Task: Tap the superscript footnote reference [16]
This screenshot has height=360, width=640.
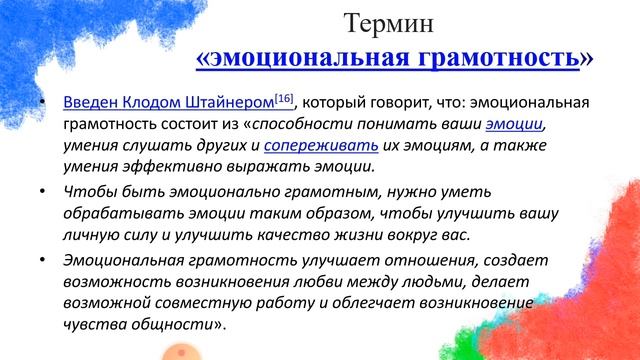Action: (284, 98)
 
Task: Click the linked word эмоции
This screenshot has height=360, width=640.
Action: (515, 125)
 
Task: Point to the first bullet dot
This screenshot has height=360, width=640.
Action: (40, 104)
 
